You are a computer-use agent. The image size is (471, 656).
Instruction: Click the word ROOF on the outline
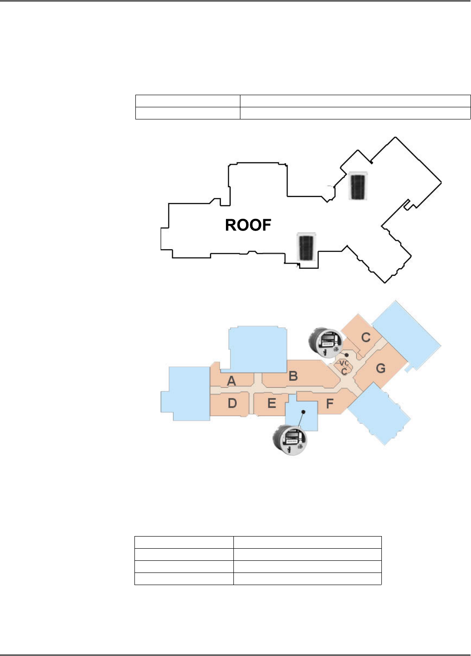248,225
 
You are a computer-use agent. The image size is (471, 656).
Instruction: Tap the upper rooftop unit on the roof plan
359,186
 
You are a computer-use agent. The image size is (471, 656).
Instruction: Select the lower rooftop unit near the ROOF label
306,247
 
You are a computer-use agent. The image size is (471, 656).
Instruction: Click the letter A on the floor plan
232,381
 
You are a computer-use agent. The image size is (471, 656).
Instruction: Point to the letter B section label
293,376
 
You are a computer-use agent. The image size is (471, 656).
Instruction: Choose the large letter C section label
366,337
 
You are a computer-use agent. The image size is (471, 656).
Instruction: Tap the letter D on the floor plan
232,403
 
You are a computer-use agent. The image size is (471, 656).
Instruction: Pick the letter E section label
272,403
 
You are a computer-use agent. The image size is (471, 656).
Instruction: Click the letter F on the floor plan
330,404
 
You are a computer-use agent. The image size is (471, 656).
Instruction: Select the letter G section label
380,369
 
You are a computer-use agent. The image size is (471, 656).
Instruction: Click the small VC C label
344,367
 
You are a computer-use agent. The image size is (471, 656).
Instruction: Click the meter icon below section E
290,440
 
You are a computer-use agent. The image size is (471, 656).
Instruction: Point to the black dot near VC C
347,355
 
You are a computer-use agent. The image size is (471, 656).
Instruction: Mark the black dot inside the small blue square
303,412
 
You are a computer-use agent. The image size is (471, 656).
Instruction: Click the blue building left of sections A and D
185,393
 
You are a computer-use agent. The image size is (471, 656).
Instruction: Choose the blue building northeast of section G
406,334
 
